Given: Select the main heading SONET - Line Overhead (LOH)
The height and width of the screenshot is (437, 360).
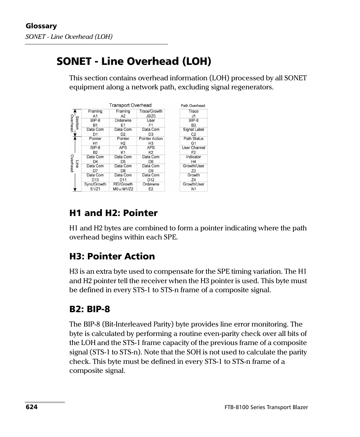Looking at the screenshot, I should [x=134, y=61].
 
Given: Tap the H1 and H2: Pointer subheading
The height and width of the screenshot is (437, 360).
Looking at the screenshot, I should [x=113, y=213].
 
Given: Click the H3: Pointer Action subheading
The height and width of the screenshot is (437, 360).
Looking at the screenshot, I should [x=112, y=256].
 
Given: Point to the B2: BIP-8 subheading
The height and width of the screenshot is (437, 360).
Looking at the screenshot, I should [x=89, y=309].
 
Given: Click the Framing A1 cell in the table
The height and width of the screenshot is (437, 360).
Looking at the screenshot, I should [x=95, y=114].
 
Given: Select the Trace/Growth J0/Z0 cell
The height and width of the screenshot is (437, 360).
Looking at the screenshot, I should [x=151, y=114].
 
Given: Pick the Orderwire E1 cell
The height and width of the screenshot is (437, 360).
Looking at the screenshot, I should [x=123, y=123].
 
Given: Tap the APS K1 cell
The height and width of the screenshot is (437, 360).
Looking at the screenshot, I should [x=123, y=150].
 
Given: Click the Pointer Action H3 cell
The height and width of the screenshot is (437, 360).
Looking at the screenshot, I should [x=151, y=141].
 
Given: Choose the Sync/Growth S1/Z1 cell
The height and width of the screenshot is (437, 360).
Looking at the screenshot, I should [x=95, y=187].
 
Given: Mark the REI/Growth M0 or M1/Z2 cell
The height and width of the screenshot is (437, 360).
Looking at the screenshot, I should [x=123, y=187].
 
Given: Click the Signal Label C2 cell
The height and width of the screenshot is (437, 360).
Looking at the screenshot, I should [x=194, y=132].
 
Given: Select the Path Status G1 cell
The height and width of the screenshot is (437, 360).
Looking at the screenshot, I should [x=194, y=141].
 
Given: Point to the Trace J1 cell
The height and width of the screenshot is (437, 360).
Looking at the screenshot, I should [x=194, y=114].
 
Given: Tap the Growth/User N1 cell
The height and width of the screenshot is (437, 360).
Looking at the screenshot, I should [x=194, y=187].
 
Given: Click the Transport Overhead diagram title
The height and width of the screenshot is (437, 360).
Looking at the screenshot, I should [x=130, y=105].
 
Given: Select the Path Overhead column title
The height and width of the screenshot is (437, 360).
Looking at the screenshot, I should [x=193, y=106].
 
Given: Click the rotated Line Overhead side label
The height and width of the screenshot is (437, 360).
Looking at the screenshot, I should [x=74, y=164].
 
